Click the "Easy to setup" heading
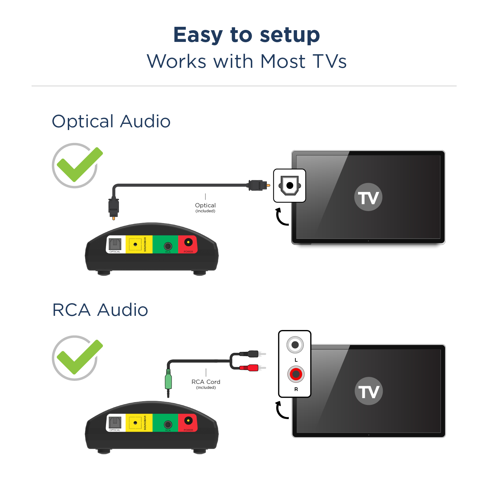click(246, 35)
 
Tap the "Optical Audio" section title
click(111, 121)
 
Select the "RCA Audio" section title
click(100, 310)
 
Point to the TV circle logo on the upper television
click(368, 197)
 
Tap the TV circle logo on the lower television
click(369, 391)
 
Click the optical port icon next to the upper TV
click(290, 185)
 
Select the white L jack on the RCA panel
click(295, 345)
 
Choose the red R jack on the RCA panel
click(296, 374)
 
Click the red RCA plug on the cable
click(250, 368)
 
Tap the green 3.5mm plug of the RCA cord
click(168, 381)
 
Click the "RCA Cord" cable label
click(206, 382)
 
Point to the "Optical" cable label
click(205, 206)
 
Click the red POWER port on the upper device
click(188, 243)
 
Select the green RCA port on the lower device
click(168, 425)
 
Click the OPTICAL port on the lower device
click(115, 422)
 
